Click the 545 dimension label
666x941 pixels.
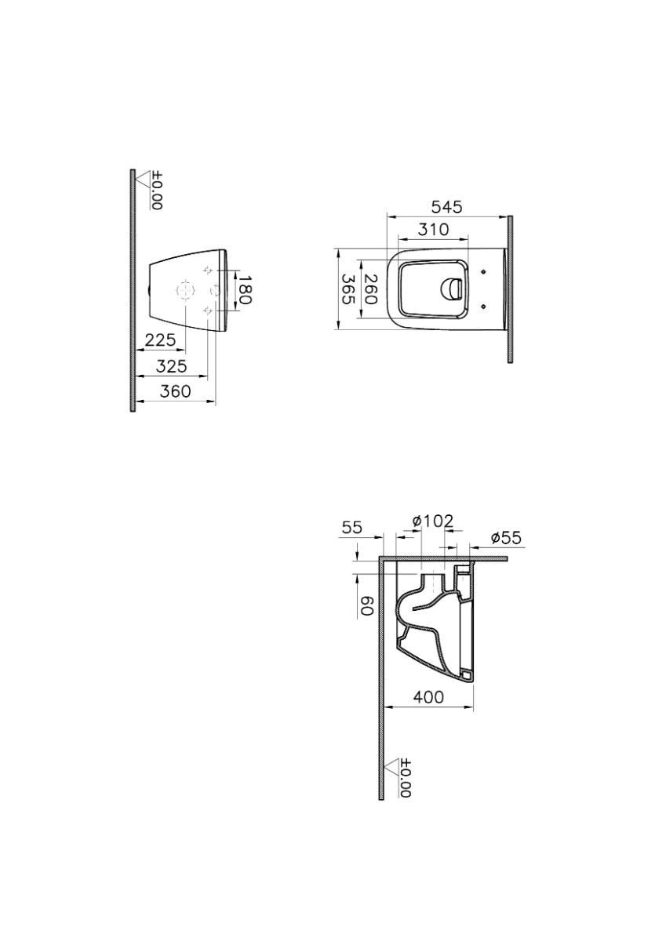coord(446,207)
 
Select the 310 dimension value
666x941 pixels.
coord(433,230)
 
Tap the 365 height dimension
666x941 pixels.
coord(348,289)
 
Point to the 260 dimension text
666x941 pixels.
coord(371,289)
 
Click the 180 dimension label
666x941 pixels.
coord(245,289)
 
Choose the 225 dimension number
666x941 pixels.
coord(160,340)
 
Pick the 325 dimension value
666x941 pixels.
coord(172,366)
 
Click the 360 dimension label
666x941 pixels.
coord(175,391)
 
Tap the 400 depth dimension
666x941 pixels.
coord(428,697)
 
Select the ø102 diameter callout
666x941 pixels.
coord(433,521)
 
